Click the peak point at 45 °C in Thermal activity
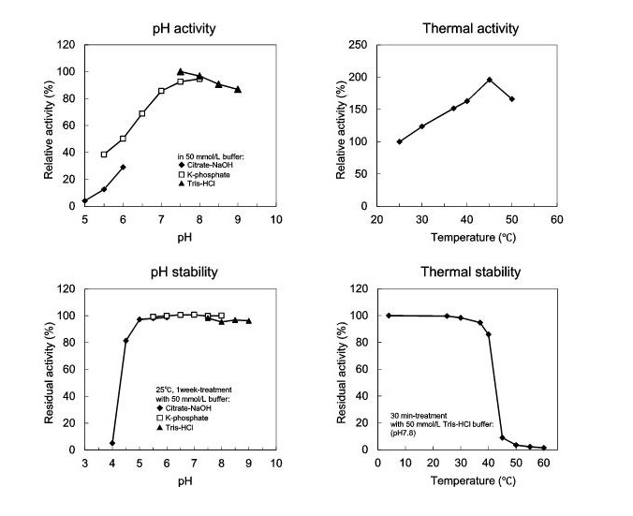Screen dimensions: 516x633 coord(489,80)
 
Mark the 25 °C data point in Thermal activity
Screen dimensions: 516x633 coord(400,141)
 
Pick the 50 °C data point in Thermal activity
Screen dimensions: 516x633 coord(512,98)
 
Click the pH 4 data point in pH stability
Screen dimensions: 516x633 coord(112,443)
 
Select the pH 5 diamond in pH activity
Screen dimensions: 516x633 coord(84,200)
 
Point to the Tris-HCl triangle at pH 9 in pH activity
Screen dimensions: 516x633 coord(238,90)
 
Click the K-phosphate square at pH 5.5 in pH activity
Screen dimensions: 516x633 coord(104,155)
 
